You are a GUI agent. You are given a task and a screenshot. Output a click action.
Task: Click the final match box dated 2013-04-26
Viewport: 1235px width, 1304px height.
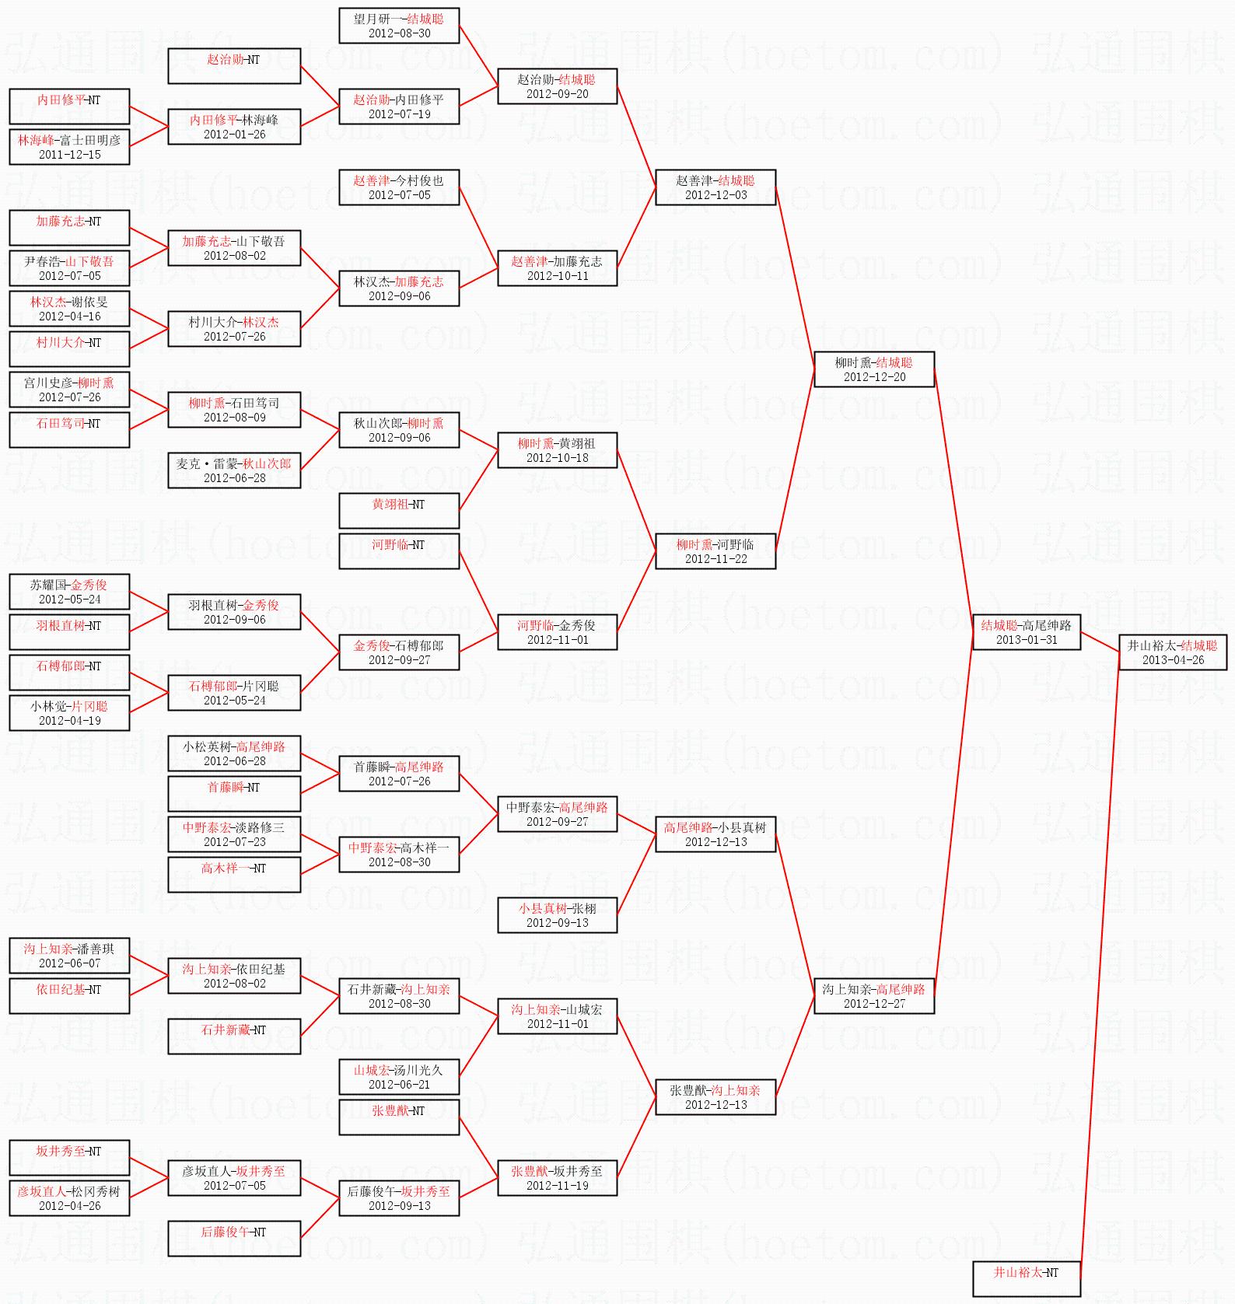point(1172,652)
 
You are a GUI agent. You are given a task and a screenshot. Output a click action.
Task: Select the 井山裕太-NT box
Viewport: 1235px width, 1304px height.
point(1026,1278)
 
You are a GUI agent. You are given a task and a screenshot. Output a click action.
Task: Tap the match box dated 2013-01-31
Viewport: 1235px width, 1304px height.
point(1026,632)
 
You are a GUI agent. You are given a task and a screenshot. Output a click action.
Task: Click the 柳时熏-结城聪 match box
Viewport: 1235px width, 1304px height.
point(873,369)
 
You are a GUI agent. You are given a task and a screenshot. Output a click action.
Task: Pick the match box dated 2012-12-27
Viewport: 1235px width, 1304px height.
point(873,996)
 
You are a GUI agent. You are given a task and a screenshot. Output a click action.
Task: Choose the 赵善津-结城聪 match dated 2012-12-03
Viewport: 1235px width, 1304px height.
point(715,187)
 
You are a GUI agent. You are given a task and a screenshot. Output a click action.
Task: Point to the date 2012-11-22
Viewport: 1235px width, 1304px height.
point(715,559)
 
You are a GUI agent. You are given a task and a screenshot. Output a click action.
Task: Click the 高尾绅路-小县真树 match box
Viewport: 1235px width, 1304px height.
point(715,834)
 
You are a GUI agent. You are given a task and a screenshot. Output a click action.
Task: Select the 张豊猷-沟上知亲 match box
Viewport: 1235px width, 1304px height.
point(715,1097)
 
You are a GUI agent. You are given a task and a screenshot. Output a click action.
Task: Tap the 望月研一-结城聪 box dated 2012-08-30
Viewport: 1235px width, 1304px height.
point(399,26)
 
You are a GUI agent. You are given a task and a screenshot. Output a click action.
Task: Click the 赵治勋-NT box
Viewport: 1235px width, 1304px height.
point(234,66)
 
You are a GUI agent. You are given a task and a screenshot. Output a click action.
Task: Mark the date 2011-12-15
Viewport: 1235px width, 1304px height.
point(70,155)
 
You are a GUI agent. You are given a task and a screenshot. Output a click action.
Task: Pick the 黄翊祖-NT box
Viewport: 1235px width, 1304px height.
point(399,511)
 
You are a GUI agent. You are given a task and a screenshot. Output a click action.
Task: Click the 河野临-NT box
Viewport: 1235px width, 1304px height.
point(399,551)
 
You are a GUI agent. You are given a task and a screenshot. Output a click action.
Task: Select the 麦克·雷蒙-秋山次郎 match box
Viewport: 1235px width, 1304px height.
point(234,470)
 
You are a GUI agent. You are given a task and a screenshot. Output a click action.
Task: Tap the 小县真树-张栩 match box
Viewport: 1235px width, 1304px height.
point(557,915)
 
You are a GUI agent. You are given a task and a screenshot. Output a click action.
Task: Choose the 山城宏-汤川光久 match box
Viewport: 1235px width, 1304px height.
point(399,1077)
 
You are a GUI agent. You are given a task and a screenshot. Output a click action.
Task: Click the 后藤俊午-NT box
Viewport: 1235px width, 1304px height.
point(234,1239)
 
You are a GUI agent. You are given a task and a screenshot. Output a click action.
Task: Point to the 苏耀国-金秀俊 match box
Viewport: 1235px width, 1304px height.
point(69,592)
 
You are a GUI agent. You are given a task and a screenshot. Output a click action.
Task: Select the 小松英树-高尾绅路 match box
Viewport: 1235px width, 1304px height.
point(234,753)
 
